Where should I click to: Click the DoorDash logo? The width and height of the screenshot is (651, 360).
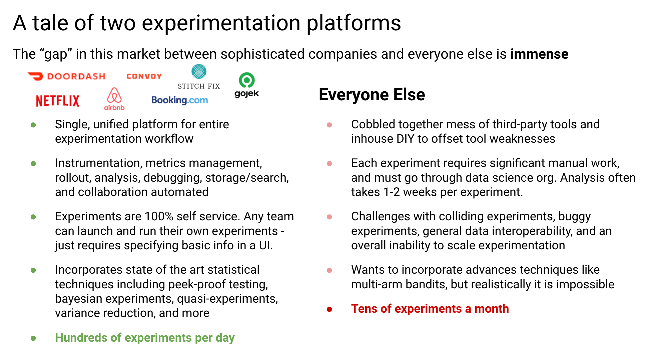[x=66, y=76]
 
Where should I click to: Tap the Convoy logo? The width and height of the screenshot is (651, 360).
[x=144, y=76]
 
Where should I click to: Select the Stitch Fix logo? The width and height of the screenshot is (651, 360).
[x=199, y=77]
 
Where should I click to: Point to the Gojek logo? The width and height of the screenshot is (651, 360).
[x=247, y=85]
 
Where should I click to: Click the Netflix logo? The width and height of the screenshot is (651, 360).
[x=58, y=101]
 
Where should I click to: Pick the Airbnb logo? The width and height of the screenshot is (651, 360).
[x=114, y=99]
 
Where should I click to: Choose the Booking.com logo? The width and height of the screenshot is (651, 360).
[x=180, y=100]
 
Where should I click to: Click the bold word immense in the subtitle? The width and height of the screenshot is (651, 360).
[x=539, y=54]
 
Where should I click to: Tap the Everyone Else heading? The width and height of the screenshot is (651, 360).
[x=372, y=95]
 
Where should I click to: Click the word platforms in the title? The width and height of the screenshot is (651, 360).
[x=354, y=23]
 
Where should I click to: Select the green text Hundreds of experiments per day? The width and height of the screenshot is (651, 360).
[x=145, y=338]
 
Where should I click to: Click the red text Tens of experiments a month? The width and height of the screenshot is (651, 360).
[x=430, y=309]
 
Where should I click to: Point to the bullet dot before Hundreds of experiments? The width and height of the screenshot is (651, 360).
[x=33, y=338]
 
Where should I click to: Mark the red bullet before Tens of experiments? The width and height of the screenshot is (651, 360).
[x=330, y=309]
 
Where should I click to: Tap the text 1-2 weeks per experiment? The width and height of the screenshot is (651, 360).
[x=437, y=192]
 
